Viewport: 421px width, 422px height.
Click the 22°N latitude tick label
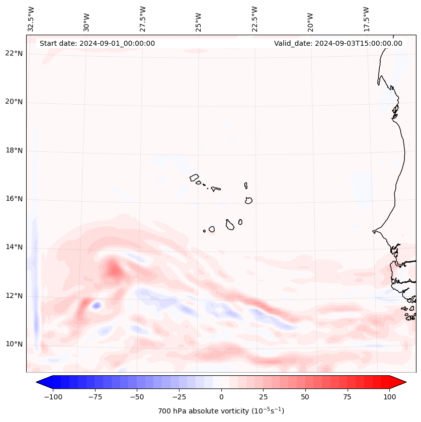14,53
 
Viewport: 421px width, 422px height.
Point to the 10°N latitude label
14,344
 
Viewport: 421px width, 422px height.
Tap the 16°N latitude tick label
14,199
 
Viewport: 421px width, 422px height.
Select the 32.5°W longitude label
31,19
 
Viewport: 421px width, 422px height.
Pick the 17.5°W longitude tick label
366,19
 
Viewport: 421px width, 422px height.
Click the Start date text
97,43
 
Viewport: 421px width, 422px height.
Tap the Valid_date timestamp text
338,43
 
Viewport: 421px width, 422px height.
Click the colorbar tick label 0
221,397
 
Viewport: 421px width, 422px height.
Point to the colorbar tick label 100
390,397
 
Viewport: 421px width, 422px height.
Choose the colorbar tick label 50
305,397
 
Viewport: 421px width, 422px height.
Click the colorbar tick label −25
179,397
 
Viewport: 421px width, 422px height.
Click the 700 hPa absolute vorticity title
221,411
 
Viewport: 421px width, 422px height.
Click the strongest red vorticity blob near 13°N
116,272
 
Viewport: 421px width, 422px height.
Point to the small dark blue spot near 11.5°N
96,304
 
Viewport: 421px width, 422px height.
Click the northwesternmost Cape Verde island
194,178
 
